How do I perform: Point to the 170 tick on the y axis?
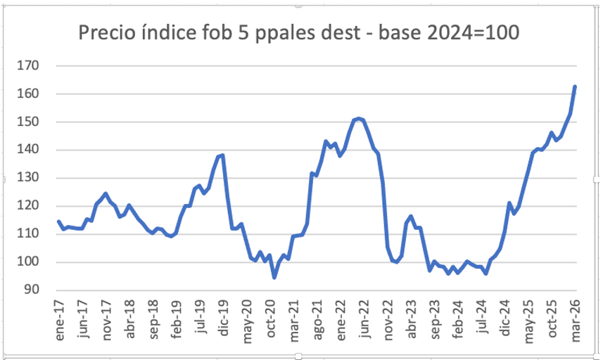pos(30,66)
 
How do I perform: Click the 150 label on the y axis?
pos(30,122)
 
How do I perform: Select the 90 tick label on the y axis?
pos(33,290)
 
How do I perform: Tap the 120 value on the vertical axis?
pos(30,206)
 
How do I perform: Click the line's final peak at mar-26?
pos(575,86)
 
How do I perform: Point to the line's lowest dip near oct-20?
pos(274,278)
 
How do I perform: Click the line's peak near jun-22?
pos(359,118)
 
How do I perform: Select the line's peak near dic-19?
pos(222,155)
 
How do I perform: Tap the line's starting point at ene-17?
pos(59,221)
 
